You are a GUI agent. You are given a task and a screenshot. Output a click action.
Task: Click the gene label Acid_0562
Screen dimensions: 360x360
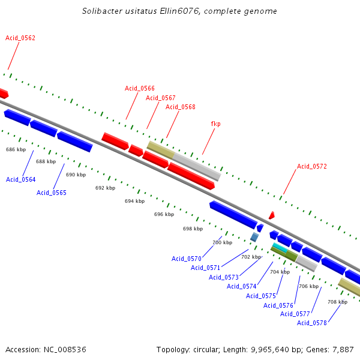tap(20, 38)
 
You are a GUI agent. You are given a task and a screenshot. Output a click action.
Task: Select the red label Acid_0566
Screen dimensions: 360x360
tap(140, 88)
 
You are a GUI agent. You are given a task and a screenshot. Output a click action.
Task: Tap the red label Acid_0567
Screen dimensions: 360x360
tap(161, 98)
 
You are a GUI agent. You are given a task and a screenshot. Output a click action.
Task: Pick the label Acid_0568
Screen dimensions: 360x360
tap(181, 107)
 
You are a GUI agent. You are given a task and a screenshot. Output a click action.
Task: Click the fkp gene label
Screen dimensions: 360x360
tap(215, 124)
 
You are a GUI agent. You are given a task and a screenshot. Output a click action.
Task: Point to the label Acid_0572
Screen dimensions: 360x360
tap(312, 166)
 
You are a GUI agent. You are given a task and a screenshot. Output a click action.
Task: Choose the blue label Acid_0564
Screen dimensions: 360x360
tap(21, 179)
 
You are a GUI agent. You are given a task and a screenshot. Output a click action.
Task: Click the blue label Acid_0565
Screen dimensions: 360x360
tap(52, 193)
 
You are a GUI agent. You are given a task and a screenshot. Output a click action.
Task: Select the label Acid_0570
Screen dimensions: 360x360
tap(187, 259)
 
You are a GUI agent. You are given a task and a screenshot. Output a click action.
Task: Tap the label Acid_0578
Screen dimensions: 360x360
tap(312, 323)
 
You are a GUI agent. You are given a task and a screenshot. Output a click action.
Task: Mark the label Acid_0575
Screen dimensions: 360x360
tap(261, 296)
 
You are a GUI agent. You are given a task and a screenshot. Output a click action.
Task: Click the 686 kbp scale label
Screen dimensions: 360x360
tap(16, 149)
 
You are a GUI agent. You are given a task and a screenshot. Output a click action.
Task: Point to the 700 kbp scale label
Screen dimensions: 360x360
tap(222, 242)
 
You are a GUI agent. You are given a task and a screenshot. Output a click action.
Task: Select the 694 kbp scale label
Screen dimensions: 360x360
tap(134, 201)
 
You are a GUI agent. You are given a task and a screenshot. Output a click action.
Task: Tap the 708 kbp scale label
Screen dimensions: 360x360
tap(337, 302)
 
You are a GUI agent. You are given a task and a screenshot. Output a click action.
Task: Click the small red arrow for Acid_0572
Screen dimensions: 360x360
tap(272, 215)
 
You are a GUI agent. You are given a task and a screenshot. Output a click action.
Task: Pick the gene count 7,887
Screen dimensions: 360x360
tap(343, 349)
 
